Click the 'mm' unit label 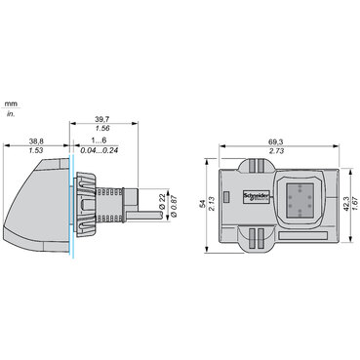[x=11, y=101]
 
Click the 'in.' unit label [x=11, y=114]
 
